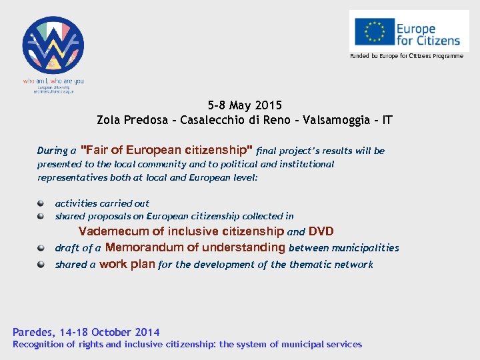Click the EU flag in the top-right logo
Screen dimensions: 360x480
375,31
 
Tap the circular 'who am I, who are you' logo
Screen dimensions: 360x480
53,46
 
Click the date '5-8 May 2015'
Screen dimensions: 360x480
245,105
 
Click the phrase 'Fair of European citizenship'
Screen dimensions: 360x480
166,150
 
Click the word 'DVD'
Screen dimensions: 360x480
321,231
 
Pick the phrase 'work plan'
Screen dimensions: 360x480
127,264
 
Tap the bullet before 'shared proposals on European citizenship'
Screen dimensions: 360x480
41,216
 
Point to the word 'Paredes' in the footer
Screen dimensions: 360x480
33,332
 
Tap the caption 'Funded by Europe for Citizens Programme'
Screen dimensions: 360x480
407,56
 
